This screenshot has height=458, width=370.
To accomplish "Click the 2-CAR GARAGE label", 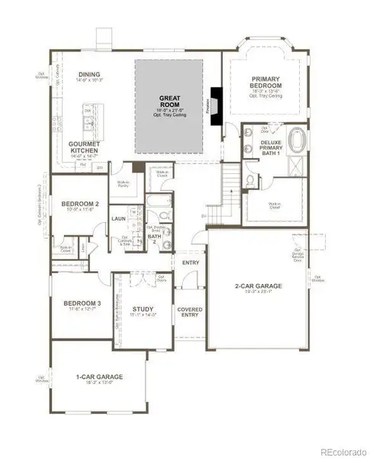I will pyautogui.click(x=259, y=286).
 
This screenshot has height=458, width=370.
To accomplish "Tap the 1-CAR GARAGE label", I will pyautogui.click(x=101, y=376).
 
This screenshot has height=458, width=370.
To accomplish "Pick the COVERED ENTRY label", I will pyautogui.click(x=190, y=313).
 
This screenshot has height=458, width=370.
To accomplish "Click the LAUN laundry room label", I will pyautogui.click(x=118, y=218).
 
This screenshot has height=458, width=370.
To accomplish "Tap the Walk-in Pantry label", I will pyautogui.click(x=121, y=183).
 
